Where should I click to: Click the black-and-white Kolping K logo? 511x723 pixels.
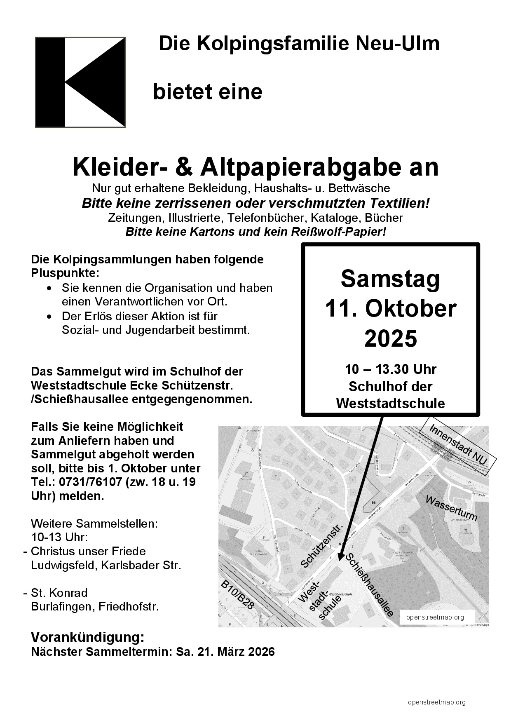[80, 82]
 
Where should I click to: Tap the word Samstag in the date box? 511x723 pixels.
[390, 279]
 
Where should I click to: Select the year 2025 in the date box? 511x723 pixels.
[390, 338]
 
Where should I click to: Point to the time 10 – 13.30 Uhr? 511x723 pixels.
[390, 369]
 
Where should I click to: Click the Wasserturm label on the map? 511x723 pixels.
[451, 508]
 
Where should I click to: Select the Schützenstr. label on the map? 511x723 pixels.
[322, 547]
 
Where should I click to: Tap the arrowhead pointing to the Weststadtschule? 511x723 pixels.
[340, 556]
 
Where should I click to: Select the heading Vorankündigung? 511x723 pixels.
[88, 637]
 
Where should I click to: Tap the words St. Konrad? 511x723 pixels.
[59, 593]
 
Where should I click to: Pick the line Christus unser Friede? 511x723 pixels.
[88, 551]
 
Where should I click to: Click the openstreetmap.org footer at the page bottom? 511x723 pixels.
[436, 702]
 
